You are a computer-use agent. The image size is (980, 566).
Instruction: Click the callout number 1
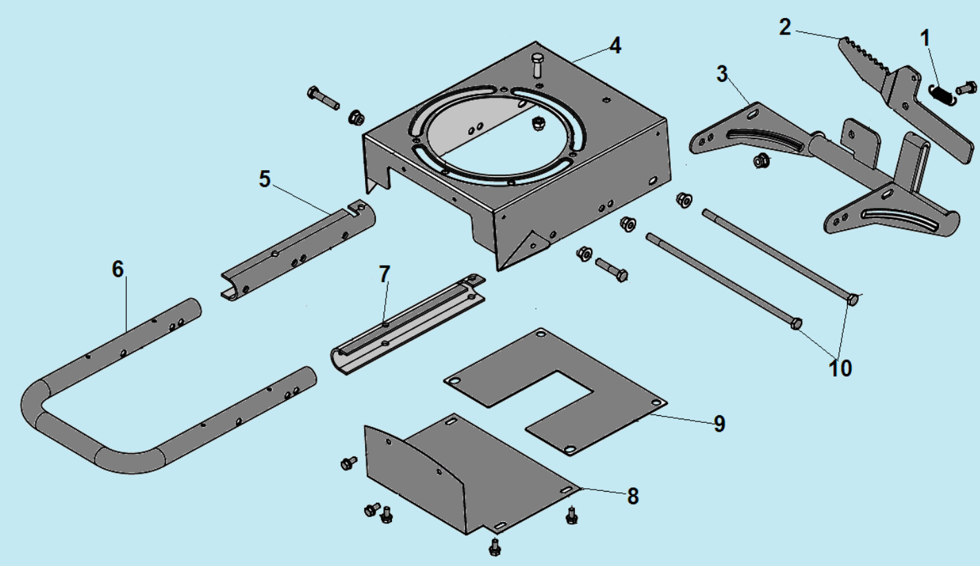[925, 39]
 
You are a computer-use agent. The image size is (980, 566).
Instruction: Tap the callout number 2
[785, 28]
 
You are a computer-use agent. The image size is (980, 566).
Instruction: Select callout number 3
[722, 74]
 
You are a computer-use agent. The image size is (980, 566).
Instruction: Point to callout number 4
[615, 45]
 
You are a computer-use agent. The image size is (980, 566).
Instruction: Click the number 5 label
[264, 179]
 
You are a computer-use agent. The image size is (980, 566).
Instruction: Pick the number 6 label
[118, 269]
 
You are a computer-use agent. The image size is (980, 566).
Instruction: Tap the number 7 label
[384, 275]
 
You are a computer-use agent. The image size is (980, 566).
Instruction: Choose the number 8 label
[633, 496]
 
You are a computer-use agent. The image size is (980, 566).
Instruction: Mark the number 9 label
[719, 423]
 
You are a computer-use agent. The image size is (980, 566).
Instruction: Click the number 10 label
[840, 368]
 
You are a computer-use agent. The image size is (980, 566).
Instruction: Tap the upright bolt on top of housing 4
[538, 65]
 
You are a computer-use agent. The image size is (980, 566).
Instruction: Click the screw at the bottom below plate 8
[494, 547]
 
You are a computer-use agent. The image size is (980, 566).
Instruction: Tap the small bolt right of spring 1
[966, 88]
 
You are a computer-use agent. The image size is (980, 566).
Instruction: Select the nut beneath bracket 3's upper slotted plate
[761, 160]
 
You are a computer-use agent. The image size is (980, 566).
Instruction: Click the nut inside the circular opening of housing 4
[536, 124]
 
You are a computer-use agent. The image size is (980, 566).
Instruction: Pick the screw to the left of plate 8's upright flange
[348, 463]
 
